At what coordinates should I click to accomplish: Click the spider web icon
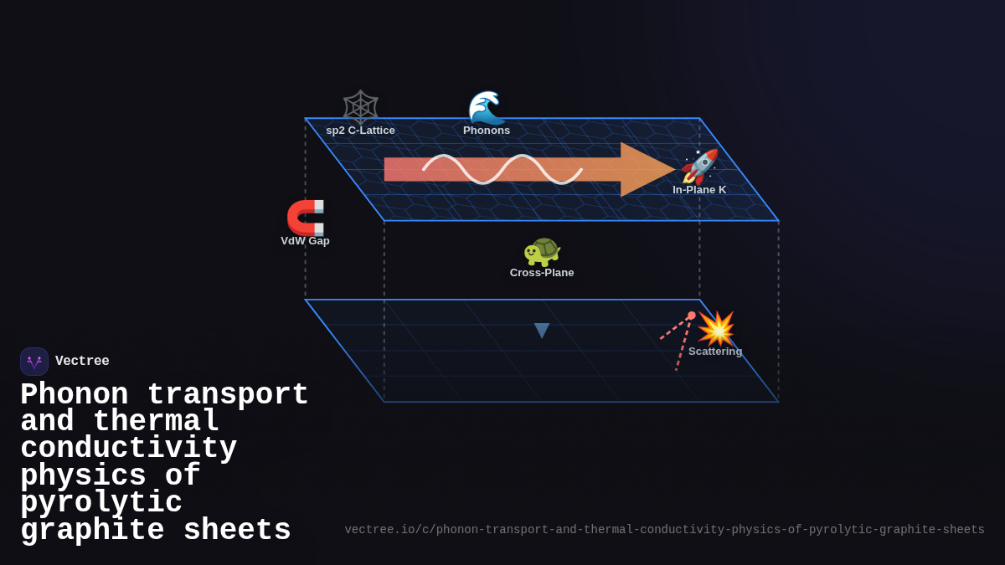(361, 106)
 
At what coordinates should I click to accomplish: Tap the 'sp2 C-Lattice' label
(360, 131)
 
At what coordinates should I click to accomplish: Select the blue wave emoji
(486, 107)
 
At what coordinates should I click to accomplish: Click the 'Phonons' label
(487, 131)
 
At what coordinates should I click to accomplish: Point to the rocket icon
(700, 166)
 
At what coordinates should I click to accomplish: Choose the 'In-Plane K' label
(699, 190)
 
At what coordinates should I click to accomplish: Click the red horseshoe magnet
(306, 217)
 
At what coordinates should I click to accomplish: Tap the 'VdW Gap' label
(305, 241)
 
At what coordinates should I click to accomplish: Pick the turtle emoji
(542, 250)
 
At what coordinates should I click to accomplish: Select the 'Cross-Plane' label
(542, 273)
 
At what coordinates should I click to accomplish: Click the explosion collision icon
(716, 328)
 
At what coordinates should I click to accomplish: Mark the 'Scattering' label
(715, 352)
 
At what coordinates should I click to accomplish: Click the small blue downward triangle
(542, 330)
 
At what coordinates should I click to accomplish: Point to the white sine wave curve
(502, 169)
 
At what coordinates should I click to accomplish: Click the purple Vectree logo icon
(34, 362)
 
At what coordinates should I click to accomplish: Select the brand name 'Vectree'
(82, 362)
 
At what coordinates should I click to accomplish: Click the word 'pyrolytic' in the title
(101, 503)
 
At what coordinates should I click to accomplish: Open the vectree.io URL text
(664, 530)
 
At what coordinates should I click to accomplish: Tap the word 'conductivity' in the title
(128, 449)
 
